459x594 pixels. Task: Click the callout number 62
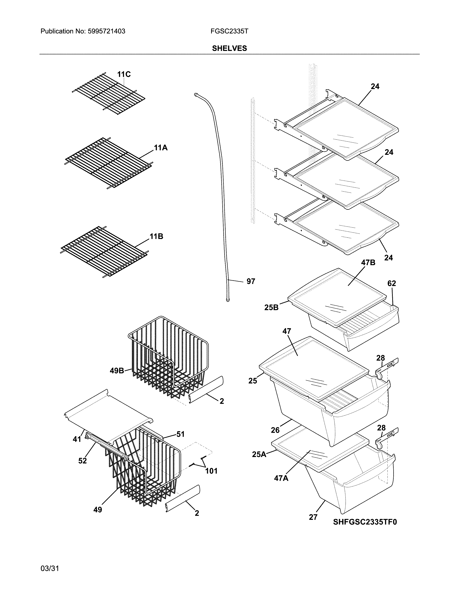[x=391, y=283]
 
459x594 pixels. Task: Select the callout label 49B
[x=117, y=370]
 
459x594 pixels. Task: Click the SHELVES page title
[x=229, y=48]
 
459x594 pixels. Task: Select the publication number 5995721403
[x=106, y=31]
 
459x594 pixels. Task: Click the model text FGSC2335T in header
[x=229, y=31]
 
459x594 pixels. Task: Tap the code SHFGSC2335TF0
[x=365, y=522]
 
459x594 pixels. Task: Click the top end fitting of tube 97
[x=196, y=94]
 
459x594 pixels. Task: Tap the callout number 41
[x=77, y=439]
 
